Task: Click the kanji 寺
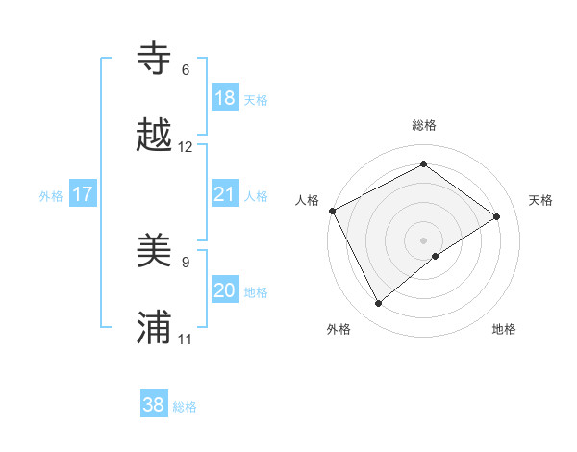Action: (154, 58)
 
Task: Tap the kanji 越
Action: (154, 135)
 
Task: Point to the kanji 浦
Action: (154, 327)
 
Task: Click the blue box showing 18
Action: (225, 97)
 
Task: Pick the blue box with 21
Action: (225, 194)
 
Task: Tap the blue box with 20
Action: (225, 290)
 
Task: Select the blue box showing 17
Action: (83, 194)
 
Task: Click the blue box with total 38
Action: (154, 405)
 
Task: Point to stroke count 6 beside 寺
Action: (186, 70)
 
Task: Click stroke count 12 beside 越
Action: (186, 147)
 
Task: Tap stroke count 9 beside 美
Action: (186, 262)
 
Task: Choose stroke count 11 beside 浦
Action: (186, 339)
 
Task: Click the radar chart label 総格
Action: (423, 125)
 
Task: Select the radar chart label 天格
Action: (541, 200)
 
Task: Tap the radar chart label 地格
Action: (504, 330)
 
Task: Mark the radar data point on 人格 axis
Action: (333, 211)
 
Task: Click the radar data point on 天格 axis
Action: (497, 216)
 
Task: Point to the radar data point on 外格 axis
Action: (378, 304)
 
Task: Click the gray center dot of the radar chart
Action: (423, 239)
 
